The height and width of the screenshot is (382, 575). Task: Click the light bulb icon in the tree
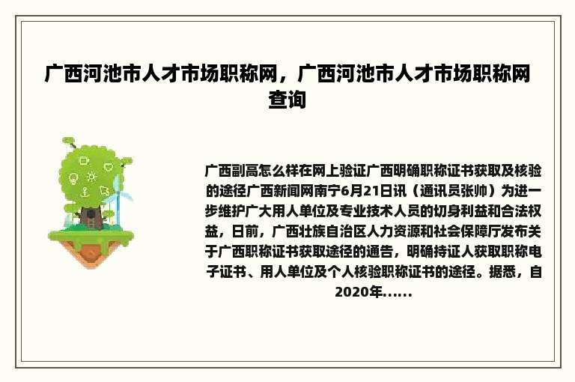click(x=73, y=179)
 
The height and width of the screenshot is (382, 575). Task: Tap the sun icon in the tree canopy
click(x=92, y=178)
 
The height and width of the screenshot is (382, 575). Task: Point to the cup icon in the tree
click(x=84, y=160)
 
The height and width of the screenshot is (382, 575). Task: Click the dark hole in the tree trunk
click(x=91, y=215)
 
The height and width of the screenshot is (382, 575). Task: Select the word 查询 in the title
click(x=287, y=100)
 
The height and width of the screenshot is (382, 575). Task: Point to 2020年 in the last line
click(x=358, y=292)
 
